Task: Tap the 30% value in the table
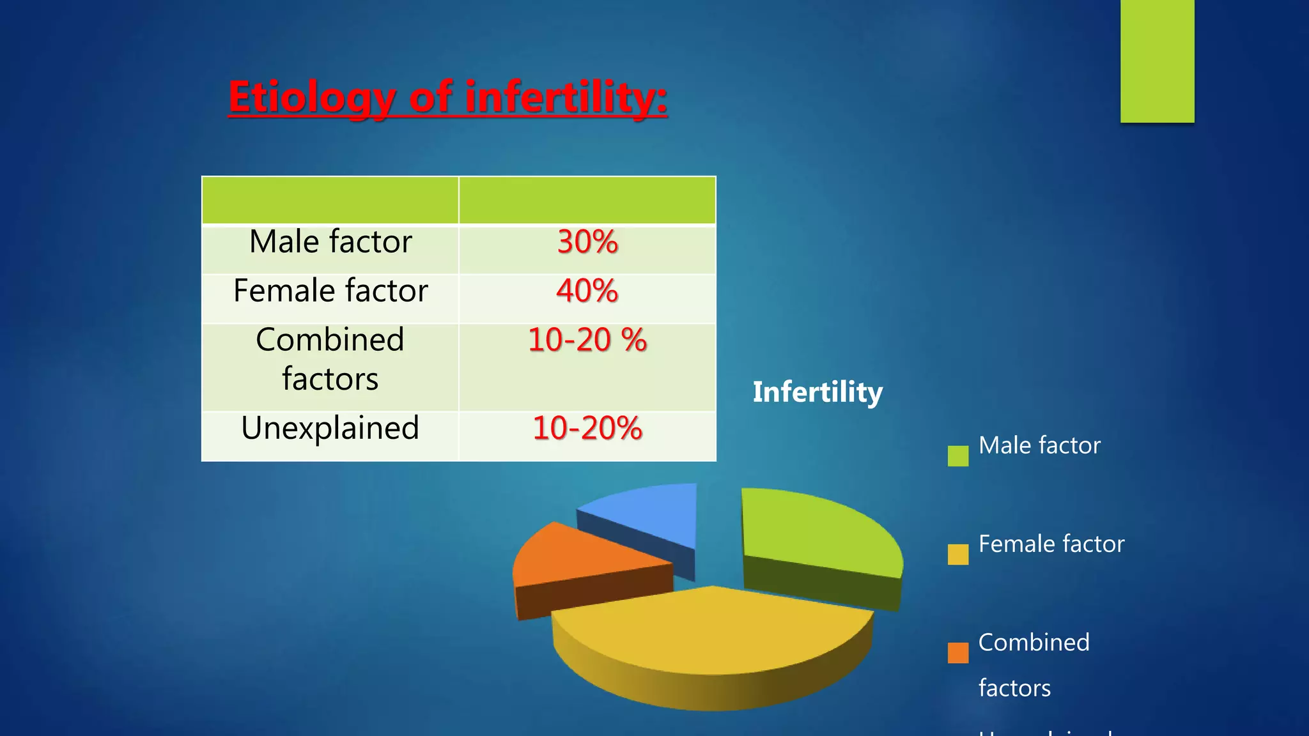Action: click(587, 243)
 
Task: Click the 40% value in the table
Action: click(587, 291)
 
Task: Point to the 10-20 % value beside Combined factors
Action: click(587, 340)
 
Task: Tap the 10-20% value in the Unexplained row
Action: click(587, 428)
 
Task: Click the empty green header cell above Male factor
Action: click(330, 201)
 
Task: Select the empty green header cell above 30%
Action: click(587, 201)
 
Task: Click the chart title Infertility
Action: click(817, 392)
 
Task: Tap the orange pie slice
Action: click(575, 556)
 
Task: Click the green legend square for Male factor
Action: click(957, 456)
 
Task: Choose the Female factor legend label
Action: click(1051, 544)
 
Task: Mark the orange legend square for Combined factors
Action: click(957, 653)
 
